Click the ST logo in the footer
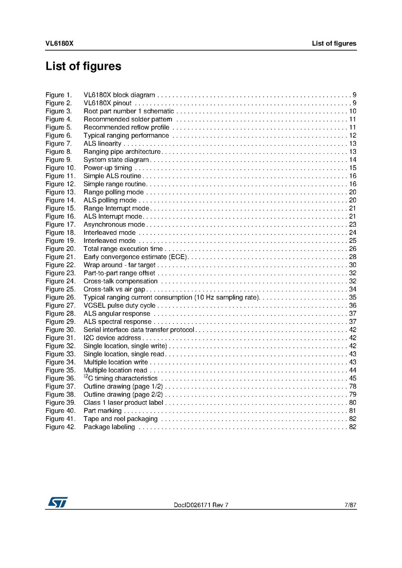(x=57, y=502)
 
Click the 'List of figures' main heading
(x=83, y=66)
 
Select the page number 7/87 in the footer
(x=350, y=505)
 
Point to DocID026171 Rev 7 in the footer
(x=201, y=505)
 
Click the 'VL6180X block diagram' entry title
(x=119, y=95)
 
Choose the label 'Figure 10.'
(x=60, y=168)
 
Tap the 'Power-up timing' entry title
(x=108, y=168)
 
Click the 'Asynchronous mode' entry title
(x=114, y=224)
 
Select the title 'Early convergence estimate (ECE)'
(x=136, y=257)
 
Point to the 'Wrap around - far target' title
(x=119, y=265)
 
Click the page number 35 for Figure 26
(x=353, y=298)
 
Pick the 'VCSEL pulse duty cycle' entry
(x=119, y=306)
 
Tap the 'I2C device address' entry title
(x=113, y=338)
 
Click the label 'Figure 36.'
(x=60, y=378)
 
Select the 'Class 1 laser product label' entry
(x=123, y=402)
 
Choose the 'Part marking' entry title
(x=103, y=410)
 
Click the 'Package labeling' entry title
(x=109, y=427)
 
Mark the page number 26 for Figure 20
(x=353, y=249)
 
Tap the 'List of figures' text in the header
(x=334, y=44)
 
